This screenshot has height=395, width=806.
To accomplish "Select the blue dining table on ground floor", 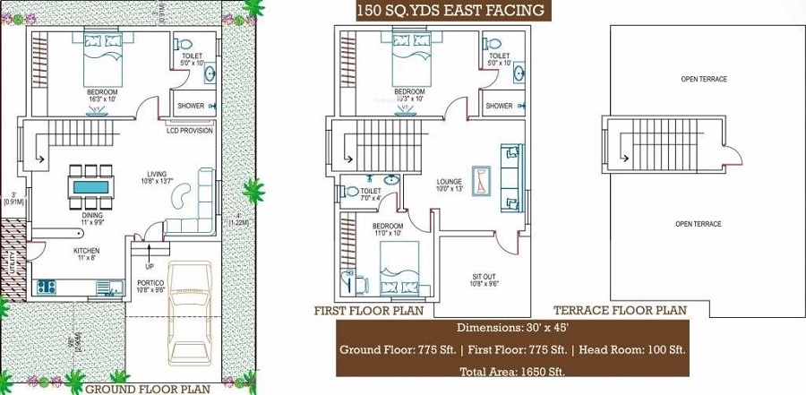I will click(x=91, y=187).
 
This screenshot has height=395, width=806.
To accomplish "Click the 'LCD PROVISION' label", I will click(x=189, y=131).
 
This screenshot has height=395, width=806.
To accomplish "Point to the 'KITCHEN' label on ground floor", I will click(x=86, y=251).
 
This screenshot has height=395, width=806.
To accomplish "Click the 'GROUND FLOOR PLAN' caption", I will click(x=147, y=389).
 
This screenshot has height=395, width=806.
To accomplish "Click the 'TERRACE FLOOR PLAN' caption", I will click(x=620, y=311).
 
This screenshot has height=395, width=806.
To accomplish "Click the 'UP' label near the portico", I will click(x=150, y=267).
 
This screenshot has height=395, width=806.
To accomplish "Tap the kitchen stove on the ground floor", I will click(x=47, y=288).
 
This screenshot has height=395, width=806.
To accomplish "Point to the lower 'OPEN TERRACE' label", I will click(x=698, y=224).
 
